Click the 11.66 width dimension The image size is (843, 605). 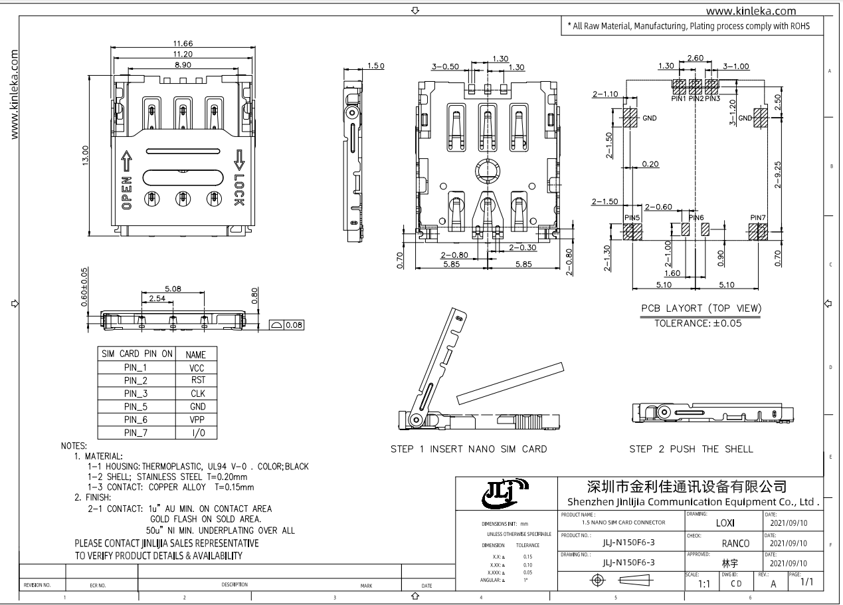point(183,44)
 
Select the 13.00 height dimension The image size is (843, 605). point(86,155)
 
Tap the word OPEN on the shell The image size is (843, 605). point(127,193)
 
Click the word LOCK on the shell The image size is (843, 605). point(239,189)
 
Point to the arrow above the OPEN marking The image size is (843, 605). point(126,161)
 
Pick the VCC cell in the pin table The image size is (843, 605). point(197,368)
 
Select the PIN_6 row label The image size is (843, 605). point(136,420)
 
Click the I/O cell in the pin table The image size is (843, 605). point(199,433)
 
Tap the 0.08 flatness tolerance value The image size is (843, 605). point(294,325)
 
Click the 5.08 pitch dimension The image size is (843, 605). point(173,289)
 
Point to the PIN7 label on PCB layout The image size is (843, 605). point(758,217)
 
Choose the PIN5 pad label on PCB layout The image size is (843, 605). point(632,217)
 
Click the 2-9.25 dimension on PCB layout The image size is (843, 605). point(778,175)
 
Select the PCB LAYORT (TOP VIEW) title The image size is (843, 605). point(702,308)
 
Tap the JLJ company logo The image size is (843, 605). point(505,493)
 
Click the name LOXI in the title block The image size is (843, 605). point(725,523)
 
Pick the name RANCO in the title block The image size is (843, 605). point(736,543)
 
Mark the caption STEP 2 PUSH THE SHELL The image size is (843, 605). point(692,449)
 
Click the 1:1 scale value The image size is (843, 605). point(704,584)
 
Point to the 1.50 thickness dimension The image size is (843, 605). point(376,66)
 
